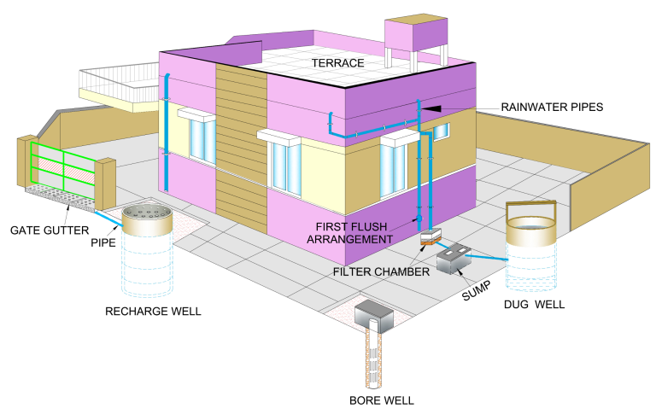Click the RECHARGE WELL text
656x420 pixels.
coord(153,311)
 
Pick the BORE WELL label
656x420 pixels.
coord(381,400)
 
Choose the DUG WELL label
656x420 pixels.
coord(535,304)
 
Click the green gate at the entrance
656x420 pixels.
coord(62,172)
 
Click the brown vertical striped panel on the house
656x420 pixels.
coord(241,145)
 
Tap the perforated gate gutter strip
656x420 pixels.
coord(60,196)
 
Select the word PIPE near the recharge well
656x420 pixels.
coord(105,242)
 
